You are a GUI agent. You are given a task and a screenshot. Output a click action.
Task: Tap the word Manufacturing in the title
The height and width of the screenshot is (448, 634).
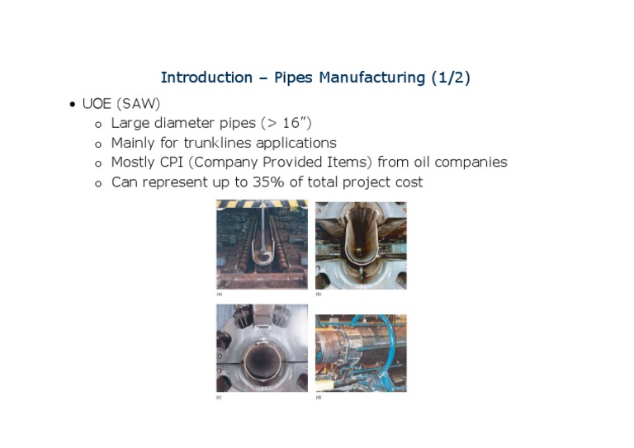pos(372,78)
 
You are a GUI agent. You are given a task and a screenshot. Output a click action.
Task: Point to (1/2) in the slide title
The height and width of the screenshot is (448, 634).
pos(451,78)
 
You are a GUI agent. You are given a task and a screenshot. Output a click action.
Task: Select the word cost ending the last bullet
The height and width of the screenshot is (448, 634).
pos(406,182)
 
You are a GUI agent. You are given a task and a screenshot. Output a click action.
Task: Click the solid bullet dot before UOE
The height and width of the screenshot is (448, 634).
pos(73,105)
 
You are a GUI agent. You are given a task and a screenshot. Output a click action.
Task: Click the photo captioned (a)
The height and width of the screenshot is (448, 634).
pos(262,244)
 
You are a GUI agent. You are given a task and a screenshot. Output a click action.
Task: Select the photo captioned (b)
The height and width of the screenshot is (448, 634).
pos(361,244)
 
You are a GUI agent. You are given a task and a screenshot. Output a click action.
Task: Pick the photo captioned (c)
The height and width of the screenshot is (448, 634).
pos(262,347)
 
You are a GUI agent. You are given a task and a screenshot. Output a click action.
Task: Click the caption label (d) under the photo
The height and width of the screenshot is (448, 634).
pos(319,398)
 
